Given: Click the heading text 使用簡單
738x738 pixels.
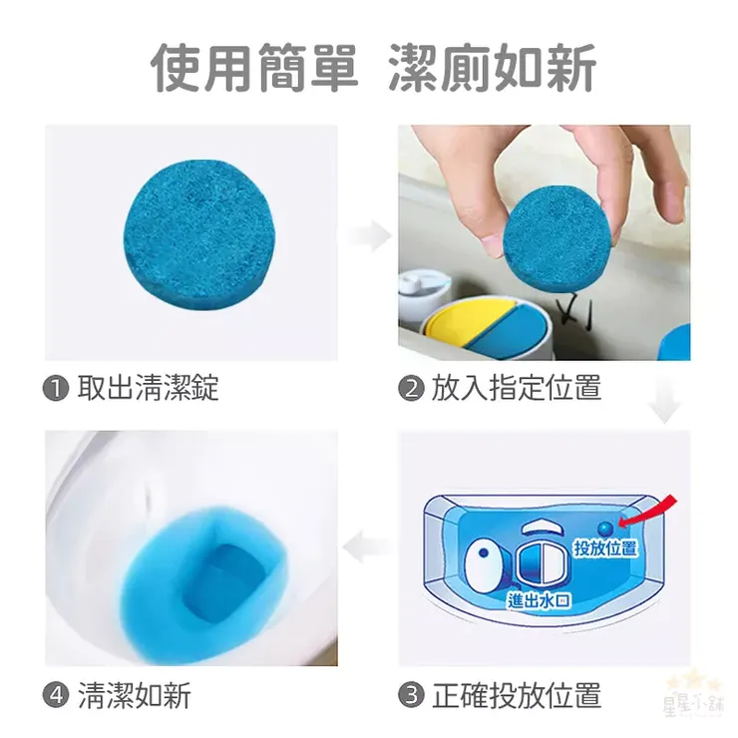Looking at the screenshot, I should (x=254, y=69).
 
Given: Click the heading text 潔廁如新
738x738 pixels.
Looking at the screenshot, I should (x=492, y=69).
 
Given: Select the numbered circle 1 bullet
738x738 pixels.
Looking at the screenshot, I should (x=58, y=388).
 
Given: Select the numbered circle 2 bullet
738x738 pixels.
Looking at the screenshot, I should (x=412, y=388).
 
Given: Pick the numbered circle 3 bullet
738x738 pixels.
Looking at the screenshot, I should (x=412, y=695).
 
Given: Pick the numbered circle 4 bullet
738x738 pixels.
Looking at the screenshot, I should (x=58, y=695).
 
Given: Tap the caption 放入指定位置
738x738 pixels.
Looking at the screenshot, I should (x=516, y=388).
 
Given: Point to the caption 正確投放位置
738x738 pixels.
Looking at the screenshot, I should (x=516, y=695).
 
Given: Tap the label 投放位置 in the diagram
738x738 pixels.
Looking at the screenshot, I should (x=605, y=548).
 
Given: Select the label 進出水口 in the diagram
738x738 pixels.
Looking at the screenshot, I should (x=540, y=599).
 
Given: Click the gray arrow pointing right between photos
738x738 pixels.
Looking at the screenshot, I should (x=369, y=236).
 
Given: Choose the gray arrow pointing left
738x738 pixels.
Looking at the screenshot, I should (x=369, y=546).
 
